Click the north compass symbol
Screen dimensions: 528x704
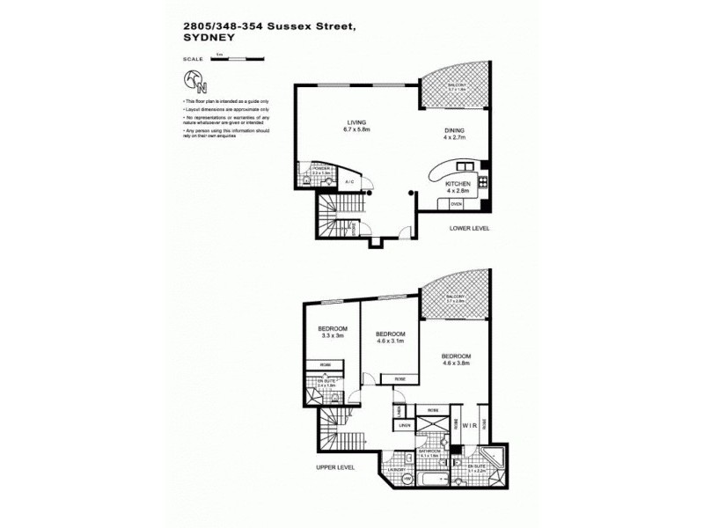(195, 82)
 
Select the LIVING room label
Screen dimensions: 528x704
(332, 124)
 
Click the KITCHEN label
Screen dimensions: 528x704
(458, 183)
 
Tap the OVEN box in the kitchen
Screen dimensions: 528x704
(456, 204)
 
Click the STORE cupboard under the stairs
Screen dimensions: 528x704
(354, 230)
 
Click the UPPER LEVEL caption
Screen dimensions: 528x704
(335, 467)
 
